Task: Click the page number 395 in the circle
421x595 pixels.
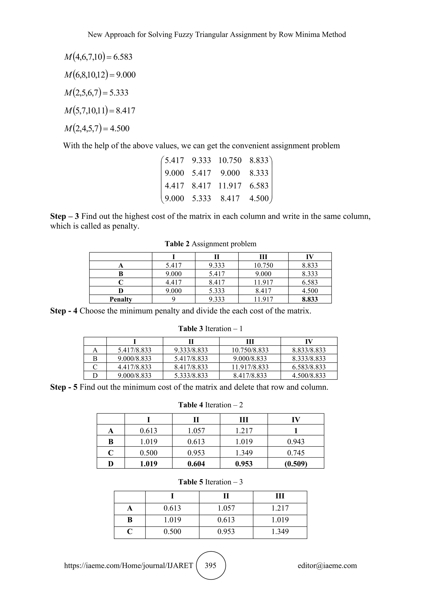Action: point(210,565)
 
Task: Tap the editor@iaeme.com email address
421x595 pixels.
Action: point(327,565)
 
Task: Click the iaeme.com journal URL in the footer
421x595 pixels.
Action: point(128,565)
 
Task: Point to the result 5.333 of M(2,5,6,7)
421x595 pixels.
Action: point(119,92)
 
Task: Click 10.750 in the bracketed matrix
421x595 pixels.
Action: point(230,160)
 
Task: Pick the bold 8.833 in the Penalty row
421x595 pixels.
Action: point(310,299)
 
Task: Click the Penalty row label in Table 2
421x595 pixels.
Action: point(121,299)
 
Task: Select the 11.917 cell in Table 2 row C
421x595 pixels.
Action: point(263,282)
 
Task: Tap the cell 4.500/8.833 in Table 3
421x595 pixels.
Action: point(309,376)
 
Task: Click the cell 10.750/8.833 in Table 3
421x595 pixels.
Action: point(250,350)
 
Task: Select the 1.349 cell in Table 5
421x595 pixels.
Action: point(280,531)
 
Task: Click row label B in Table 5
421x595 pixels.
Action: point(130,520)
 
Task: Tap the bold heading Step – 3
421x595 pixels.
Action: point(65,216)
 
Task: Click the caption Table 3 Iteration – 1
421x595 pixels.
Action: point(210,329)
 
